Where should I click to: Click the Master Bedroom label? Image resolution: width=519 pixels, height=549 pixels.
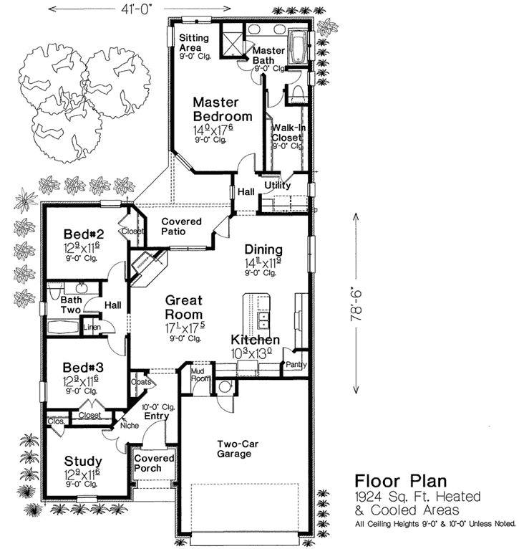[x=222, y=110]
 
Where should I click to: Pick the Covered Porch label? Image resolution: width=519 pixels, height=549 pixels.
[x=155, y=463]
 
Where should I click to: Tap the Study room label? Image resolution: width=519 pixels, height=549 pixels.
[x=82, y=461]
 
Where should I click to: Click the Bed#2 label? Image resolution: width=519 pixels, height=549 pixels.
[x=84, y=234]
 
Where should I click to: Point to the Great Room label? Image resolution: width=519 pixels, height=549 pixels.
[x=183, y=307]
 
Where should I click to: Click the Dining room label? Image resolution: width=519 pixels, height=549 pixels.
[x=263, y=249]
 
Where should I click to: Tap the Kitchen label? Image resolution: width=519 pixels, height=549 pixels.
[x=255, y=340]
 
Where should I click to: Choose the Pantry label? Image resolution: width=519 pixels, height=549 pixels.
[x=296, y=364]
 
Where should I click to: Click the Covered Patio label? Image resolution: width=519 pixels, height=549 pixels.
[x=180, y=226]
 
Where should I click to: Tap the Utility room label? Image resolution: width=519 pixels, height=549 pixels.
[x=277, y=186]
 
